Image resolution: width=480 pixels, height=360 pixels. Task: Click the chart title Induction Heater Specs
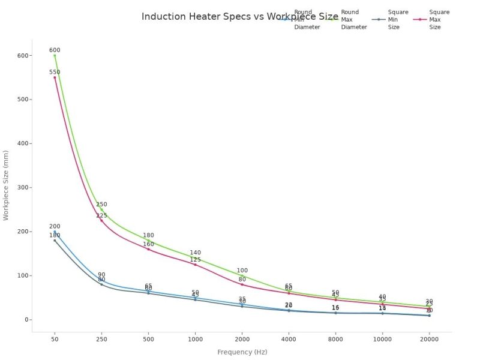click(240, 16)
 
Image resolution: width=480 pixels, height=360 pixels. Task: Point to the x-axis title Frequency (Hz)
click(242, 352)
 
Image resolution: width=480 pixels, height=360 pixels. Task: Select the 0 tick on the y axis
click(27, 320)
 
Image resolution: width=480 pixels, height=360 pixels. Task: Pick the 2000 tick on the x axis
click(242, 339)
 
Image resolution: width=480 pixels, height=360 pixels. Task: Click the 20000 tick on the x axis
click(429, 339)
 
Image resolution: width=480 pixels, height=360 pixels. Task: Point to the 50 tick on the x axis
click(55, 339)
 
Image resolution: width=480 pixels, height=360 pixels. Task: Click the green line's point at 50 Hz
click(55, 55)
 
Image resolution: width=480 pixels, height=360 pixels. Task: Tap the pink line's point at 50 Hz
click(55, 77)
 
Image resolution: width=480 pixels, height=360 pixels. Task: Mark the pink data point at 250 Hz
click(101, 220)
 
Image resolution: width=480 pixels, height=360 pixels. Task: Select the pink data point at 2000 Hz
click(242, 284)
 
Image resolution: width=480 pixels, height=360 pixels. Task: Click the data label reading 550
click(55, 72)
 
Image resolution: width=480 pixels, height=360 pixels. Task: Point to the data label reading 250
click(101, 205)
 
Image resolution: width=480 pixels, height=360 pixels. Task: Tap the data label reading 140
click(195, 253)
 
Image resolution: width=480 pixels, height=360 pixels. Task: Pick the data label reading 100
click(242, 271)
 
